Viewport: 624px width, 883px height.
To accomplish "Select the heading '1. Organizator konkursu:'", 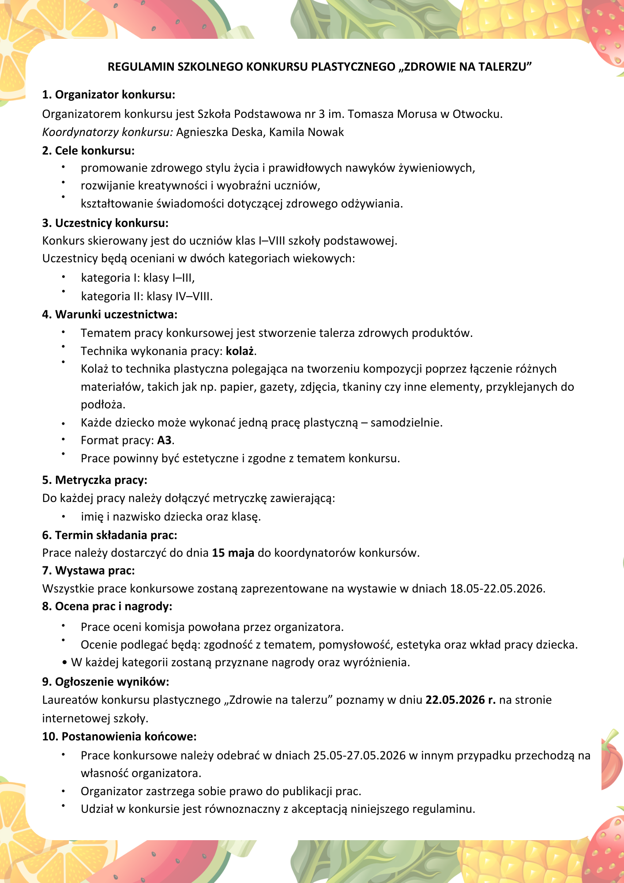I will pos(109,94).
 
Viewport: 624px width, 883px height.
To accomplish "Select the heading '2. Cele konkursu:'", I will pos(88,151).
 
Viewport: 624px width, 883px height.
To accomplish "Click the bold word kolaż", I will pos(240,351).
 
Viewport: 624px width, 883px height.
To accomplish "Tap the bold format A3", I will pos(164,440).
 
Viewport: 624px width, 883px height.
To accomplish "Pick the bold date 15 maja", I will pos(233,553).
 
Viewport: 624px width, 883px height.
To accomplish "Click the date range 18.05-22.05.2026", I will pos(497,589).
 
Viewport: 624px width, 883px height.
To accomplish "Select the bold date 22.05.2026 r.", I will pos(460,700).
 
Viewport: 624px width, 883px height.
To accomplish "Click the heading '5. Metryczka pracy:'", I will pos(94,480).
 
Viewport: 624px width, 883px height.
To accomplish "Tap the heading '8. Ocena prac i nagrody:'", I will pos(107,606).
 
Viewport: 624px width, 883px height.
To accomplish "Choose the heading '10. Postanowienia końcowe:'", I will pos(119,736).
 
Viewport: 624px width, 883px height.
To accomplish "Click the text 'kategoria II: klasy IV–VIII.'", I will pos(147,296).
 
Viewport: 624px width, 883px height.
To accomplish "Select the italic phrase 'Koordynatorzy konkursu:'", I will pos(107,132).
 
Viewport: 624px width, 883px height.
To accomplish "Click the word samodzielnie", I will pos(406,423).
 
